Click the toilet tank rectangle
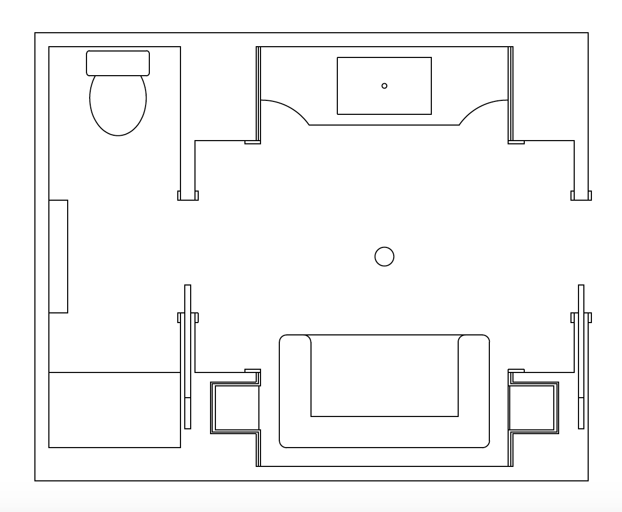118,63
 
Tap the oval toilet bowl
118,107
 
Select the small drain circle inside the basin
384,86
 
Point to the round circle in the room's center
384,257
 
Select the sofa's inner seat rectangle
384,376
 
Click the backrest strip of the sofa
384,431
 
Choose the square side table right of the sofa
532,408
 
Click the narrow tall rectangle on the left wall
58,257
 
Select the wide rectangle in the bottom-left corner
114,410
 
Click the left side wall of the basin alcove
258,94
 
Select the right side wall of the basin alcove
510,94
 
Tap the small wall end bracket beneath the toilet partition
188,196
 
